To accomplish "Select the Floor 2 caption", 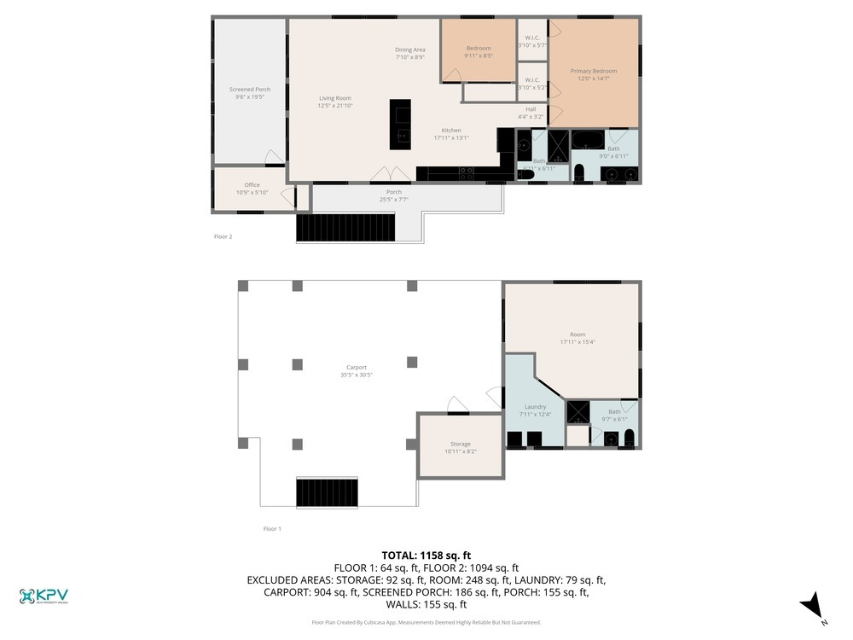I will click(222, 236).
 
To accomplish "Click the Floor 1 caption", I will click(272, 529).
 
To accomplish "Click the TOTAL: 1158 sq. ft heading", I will click(426, 555).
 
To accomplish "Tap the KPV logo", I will click(44, 596).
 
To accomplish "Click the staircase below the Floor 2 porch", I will click(346, 227).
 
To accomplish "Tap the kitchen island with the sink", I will click(400, 125).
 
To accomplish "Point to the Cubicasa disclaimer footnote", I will click(426, 622).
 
